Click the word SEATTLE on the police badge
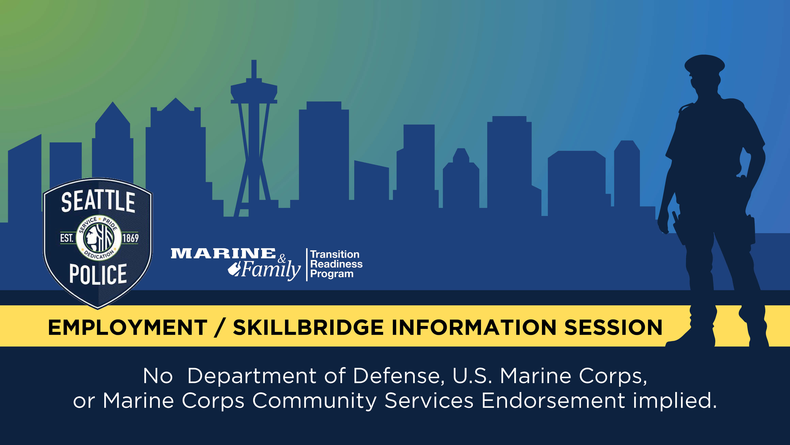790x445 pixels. click(x=98, y=202)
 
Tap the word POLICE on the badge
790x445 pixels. click(x=98, y=274)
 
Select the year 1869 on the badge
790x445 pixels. click(x=130, y=238)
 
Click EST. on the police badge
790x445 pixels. click(x=67, y=238)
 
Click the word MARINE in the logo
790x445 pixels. click(x=223, y=254)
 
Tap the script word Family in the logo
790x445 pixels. click(x=270, y=270)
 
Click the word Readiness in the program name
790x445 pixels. click(x=336, y=264)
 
